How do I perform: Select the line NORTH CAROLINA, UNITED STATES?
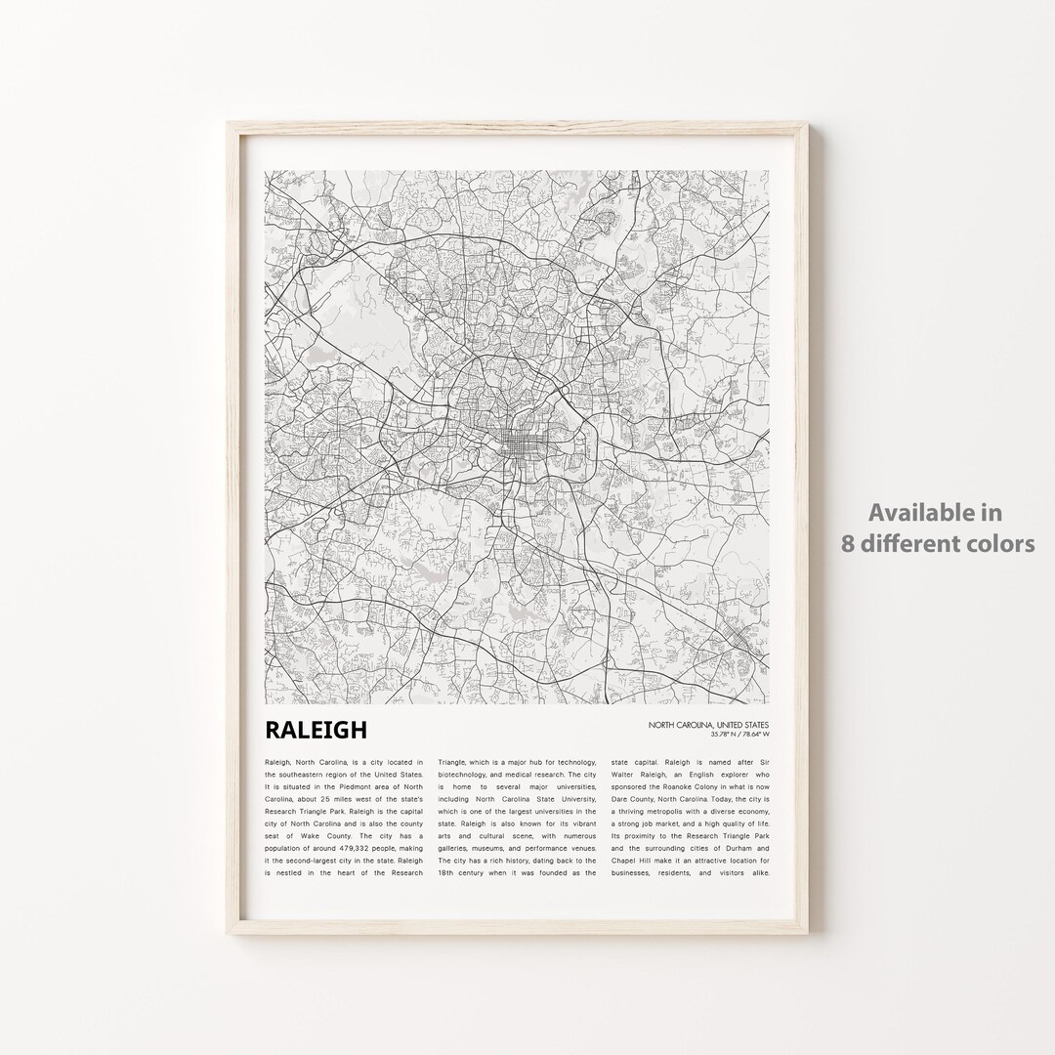point(706,725)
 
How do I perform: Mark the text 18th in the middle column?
point(450,873)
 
